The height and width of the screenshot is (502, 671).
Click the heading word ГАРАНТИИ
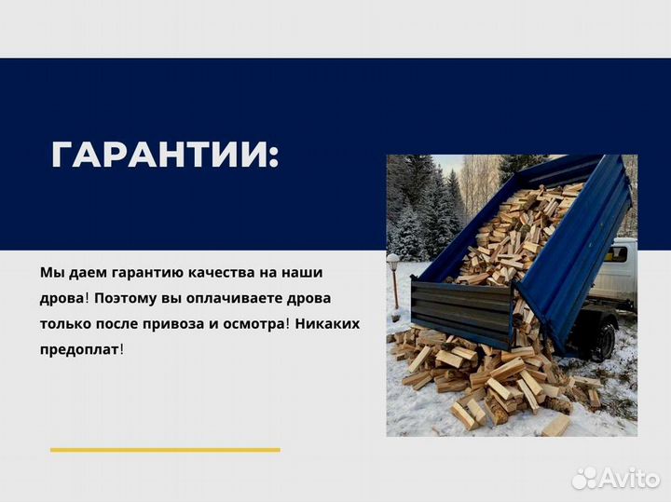tap(163, 155)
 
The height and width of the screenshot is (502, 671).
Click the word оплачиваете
tap(226, 298)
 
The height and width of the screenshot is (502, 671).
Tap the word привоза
tap(178, 323)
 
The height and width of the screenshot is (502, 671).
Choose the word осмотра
tap(252, 323)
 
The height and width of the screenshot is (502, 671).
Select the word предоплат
tap(80, 349)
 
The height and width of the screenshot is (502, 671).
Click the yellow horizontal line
tap(165, 450)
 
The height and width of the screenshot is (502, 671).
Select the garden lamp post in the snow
tap(393, 279)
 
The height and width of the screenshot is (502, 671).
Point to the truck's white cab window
tap(617, 253)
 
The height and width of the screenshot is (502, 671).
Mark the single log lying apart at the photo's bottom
tap(555, 426)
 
